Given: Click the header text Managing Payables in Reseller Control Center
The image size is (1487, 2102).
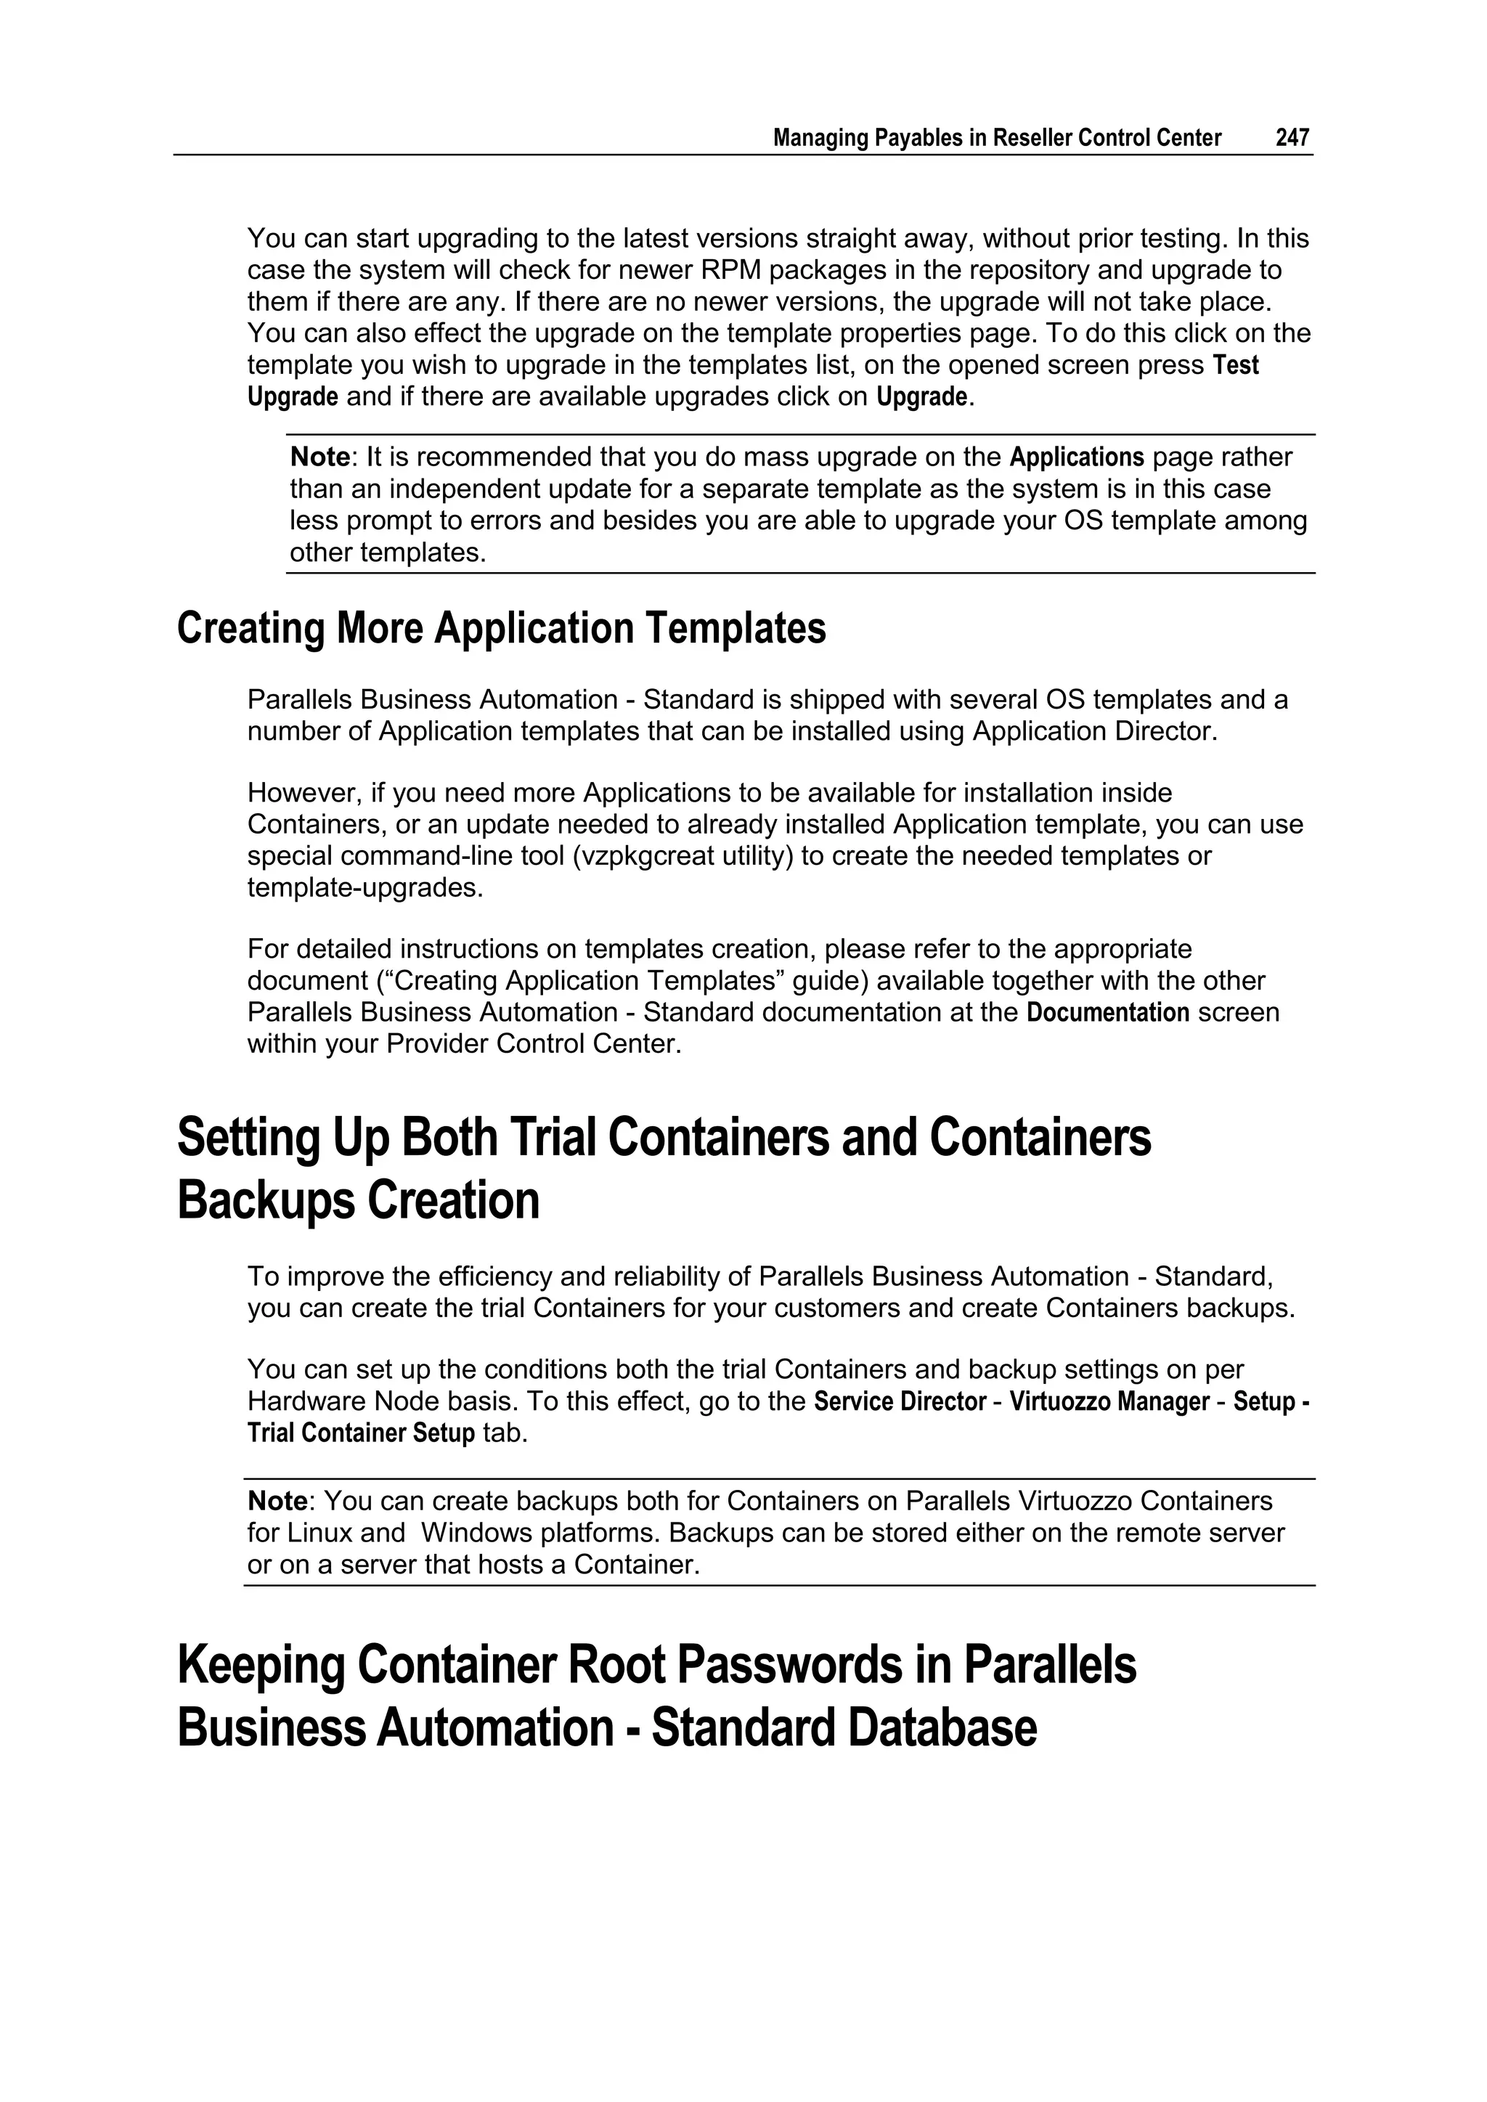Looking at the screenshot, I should pyautogui.click(x=996, y=137).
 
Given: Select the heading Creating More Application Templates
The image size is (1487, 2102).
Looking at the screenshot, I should pyautogui.click(x=501, y=628).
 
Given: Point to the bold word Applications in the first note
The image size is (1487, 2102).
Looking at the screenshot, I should pyautogui.click(x=1077, y=457).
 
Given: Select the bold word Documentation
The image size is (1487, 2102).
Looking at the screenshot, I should pyautogui.click(x=1108, y=1013).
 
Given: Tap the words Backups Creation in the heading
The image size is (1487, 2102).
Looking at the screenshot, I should pyautogui.click(x=358, y=1200).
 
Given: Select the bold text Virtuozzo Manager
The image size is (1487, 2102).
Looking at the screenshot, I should pyautogui.click(x=1109, y=1401).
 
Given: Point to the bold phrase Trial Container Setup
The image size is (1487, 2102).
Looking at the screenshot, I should pyautogui.click(x=361, y=1434).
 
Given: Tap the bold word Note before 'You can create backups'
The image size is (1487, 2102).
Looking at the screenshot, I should pyautogui.click(x=277, y=1502).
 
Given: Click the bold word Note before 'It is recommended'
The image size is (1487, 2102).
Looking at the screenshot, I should pyautogui.click(x=319, y=457).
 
